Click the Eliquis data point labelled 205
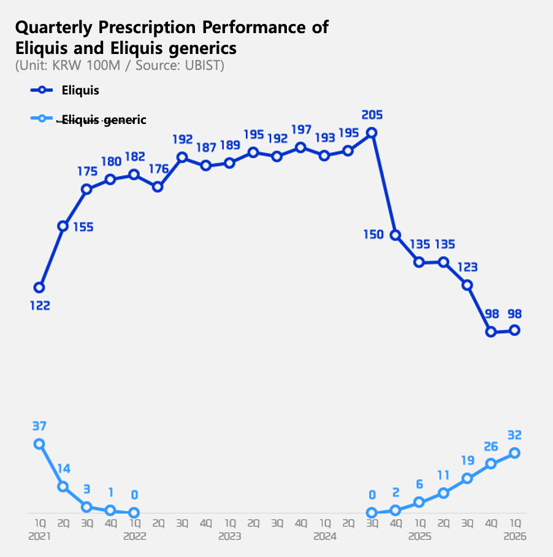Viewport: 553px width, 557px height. coord(371,132)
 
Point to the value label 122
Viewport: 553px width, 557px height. coord(40,305)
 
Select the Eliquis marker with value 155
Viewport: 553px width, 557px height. coord(63,226)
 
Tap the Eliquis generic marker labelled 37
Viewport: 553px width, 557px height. coord(39,444)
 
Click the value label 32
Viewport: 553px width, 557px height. coord(515,436)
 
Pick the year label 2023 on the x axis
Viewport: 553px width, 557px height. coord(229,536)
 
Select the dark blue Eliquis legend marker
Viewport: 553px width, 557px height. coord(42,90)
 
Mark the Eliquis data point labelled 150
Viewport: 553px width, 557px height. coord(395,235)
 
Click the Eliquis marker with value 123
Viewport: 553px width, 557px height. coord(467,285)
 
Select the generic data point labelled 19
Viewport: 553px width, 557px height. coord(467,478)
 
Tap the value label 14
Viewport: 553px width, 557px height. coord(64,469)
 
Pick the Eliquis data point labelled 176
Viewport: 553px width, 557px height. coord(158,186)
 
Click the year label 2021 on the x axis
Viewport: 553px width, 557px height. coord(39,536)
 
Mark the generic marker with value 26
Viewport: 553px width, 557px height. coord(491,464)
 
